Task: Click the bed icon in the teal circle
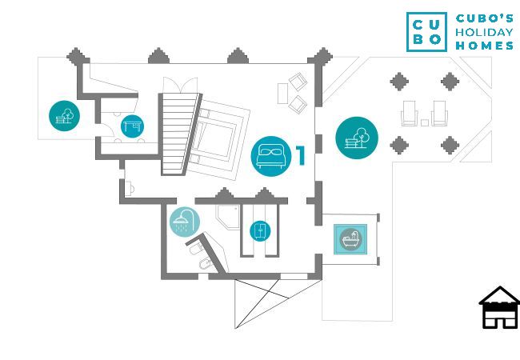(270, 154)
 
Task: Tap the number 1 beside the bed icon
(301, 154)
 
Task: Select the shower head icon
(185, 221)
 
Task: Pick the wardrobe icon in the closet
(259, 230)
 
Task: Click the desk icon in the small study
(131, 126)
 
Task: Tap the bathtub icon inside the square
(351, 238)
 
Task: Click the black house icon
(499, 308)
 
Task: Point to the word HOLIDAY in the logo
(484, 33)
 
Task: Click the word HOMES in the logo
(484, 46)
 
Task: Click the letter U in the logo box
(436, 23)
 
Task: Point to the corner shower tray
(226, 215)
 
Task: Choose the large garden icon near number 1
(357, 138)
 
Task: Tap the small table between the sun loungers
(423, 122)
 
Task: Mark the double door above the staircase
(178, 86)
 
